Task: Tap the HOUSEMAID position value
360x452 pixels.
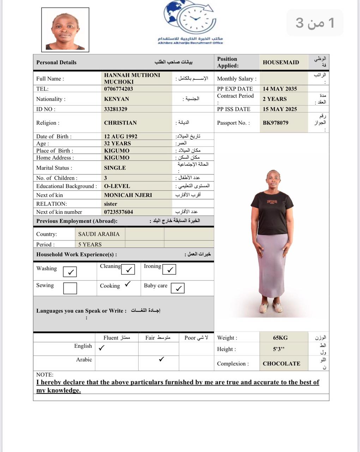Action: pyautogui.click(x=281, y=63)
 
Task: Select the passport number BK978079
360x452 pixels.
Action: pyautogui.click(x=275, y=123)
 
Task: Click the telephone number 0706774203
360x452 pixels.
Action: pyautogui.click(x=118, y=89)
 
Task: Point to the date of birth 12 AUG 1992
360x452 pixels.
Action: pyautogui.click(x=120, y=136)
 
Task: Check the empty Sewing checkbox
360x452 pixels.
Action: pyautogui.click(x=70, y=288)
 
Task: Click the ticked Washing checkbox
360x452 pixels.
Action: pyautogui.click(x=70, y=272)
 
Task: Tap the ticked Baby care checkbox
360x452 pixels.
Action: pyautogui.click(x=178, y=288)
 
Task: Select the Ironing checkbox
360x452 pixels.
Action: pyautogui.click(x=169, y=269)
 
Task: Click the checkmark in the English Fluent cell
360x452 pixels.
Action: pyautogui.click(x=101, y=348)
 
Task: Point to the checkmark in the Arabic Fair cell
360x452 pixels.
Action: pyautogui.click(x=161, y=359)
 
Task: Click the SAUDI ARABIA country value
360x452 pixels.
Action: pyautogui.click(x=99, y=234)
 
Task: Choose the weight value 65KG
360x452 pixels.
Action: pyautogui.click(x=280, y=338)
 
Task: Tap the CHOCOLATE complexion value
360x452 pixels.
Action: pyautogui.click(x=281, y=364)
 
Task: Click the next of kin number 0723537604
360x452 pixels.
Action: pyautogui.click(x=118, y=212)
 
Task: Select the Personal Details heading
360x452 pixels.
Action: pyautogui.click(x=56, y=63)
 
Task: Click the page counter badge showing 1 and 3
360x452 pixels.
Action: pyautogui.click(x=315, y=23)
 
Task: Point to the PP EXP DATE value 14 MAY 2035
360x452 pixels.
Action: pyautogui.click(x=280, y=89)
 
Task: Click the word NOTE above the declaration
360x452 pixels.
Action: pyautogui.click(x=44, y=375)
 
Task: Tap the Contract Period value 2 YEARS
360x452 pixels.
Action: pyautogui.click(x=274, y=99)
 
